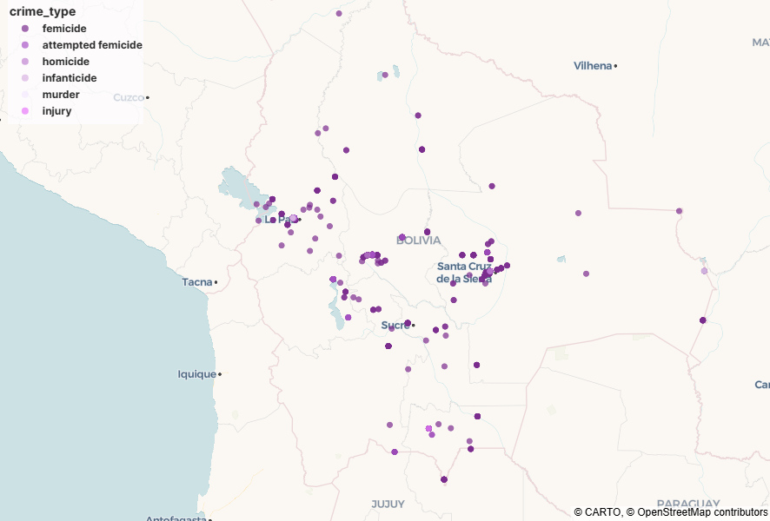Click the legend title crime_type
[x=42, y=12]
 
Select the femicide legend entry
[x=64, y=29]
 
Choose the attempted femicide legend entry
[x=92, y=45]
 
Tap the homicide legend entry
[x=66, y=62]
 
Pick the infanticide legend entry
[x=70, y=78]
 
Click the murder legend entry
[x=61, y=95]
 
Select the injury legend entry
[x=57, y=111]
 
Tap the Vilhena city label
[x=592, y=66]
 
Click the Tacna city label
[x=196, y=282]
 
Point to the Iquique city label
[x=196, y=374]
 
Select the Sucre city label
[x=395, y=326]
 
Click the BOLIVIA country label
[x=418, y=241]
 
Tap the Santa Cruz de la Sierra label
[x=464, y=273]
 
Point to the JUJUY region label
[x=388, y=504]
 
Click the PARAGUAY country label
[x=687, y=504]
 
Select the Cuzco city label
[x=128, y=97]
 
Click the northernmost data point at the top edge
[x=339, y=13]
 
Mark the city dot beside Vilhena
[x=615, y=66]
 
